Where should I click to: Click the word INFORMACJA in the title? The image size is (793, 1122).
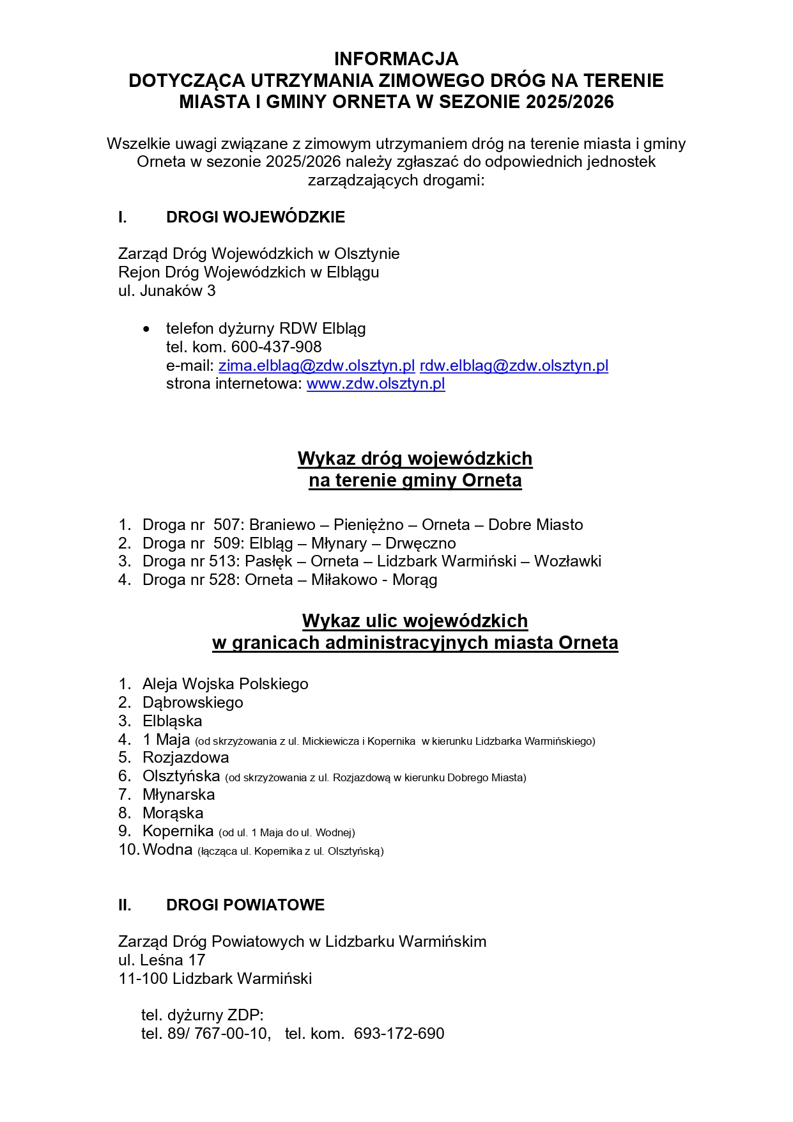tap(396, 59)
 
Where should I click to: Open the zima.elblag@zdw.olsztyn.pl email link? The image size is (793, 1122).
tap(316, 366)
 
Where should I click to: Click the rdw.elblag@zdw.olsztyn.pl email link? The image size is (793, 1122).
tap(514, 366)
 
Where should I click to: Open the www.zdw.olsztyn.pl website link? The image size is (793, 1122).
tap(376, 384)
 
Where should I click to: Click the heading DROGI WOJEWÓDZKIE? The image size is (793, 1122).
tap(255, 217)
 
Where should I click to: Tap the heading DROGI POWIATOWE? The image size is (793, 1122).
tap(245, 905)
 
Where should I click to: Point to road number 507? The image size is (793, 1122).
tap(227, 525)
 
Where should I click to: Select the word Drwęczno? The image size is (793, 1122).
tap(420, 543)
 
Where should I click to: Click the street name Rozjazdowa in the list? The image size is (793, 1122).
tap(185, 758)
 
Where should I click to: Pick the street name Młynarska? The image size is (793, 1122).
tap(178, 795)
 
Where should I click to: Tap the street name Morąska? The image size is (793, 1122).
tap(173, 813)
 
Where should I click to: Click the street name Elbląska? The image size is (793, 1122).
tap(172, 721)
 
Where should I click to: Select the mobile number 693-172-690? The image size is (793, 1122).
tap(399, 1034)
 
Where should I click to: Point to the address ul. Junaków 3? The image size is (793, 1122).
tap(167, 291)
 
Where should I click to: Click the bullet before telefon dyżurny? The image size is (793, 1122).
tap(147, 329)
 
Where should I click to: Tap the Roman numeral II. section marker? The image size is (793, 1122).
tap(125, 905)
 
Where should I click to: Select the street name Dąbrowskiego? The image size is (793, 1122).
tap(192, 703)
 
